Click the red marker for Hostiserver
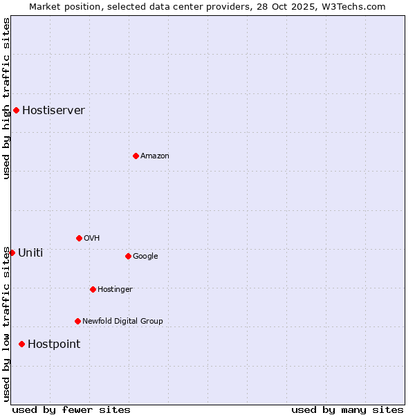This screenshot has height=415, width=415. click(x=16, y=110)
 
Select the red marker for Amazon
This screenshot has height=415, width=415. click(x=136, y=156)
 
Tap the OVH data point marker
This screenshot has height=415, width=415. click(x=79, y=238)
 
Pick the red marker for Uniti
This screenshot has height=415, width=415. click(x=12, y=252)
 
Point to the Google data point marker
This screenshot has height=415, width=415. click(x=128, y=256)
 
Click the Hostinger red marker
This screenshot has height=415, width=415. click(x=93, y=289)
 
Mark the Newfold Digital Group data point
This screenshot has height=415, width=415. click(x=77, y=321)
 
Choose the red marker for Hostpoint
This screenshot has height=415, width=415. click(x=21, y=344)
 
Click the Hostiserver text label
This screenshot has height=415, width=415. click(x=53, y=110)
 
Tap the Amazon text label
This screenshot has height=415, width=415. click(x=154, y=156)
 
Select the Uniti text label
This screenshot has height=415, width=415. click(x=30, y=252)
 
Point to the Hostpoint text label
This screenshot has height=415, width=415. click(x=54, y=344)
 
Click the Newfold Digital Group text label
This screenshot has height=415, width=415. click(x=122, y=321)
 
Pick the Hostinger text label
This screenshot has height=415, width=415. click(x=115, y=289)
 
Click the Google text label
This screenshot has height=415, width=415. click(x=145, y=256)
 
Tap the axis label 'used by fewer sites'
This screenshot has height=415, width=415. click(x=71, y=409)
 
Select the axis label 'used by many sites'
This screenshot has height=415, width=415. click(x=347, y=409)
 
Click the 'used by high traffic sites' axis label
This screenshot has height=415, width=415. click(x=6, y=98)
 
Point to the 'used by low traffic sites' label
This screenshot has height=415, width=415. click(x=6, y=324)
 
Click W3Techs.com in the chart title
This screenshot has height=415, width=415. click(x=351, y=6)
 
